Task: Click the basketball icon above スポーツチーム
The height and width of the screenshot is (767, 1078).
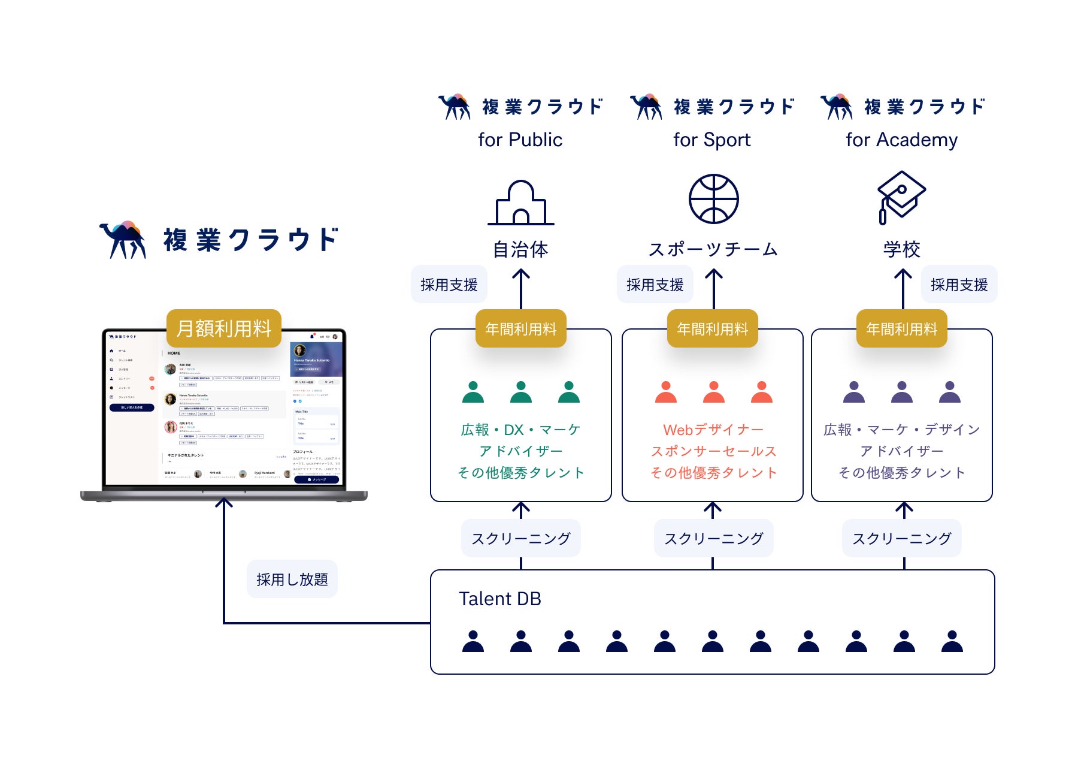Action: click(x=713, y=199)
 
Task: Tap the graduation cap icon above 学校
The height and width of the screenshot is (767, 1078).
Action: click(x=901, y=197)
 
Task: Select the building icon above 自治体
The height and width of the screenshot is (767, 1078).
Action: click(x=520, y=203)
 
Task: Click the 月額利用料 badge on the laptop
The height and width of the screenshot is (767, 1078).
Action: click(x=224, y=328)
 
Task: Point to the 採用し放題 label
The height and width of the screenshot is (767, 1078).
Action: click(x=292, y=579)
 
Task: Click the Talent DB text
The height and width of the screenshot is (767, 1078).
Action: click(x=500, y=599)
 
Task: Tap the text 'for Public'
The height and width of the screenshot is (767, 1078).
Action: click(x=520, y=140)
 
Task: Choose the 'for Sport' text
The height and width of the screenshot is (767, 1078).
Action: click(x=711, y=140)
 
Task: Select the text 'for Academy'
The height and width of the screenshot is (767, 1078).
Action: click(x=901, y=140)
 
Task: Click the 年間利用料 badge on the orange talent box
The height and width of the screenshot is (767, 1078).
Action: click(x=713, y=329)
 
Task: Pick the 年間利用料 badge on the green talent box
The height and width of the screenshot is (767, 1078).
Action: click(x=521, y=329)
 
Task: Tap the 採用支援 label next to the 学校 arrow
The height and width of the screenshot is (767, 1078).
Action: click(x=959, y=285)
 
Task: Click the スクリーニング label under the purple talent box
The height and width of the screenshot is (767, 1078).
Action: click(x=902, y=539)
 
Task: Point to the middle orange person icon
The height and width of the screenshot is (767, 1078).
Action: click(x=713, y=392)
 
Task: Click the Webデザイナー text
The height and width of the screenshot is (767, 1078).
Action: click(x=713, y=430)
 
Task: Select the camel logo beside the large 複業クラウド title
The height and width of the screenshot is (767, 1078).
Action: click(x=123, y=240)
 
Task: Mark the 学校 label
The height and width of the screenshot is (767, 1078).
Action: click(x=901, y=249)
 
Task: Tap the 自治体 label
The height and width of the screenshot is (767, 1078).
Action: click(x=520, y=249)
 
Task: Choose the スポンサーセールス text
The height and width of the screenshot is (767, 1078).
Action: click(x=713, y=451)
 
